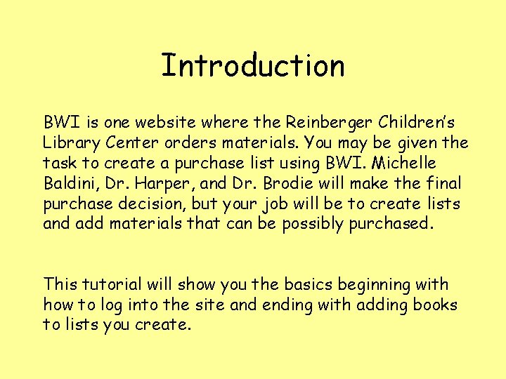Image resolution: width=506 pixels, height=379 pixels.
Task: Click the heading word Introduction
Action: point(253,66)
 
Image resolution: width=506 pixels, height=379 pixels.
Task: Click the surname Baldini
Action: point(71,184)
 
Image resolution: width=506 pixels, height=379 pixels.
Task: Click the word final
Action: point(445,184)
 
